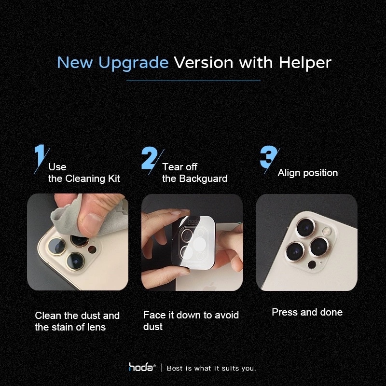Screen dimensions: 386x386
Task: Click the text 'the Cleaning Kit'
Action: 84,179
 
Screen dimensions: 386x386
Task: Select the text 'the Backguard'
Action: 194,179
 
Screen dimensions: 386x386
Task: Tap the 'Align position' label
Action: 308,173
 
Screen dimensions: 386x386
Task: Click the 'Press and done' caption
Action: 307,312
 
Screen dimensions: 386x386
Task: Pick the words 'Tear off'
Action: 179,167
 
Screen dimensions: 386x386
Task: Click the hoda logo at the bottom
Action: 141,368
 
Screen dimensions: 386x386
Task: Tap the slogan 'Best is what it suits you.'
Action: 211,368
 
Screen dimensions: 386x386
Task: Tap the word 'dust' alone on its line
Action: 153,327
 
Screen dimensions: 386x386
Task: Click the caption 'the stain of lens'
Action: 70,327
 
